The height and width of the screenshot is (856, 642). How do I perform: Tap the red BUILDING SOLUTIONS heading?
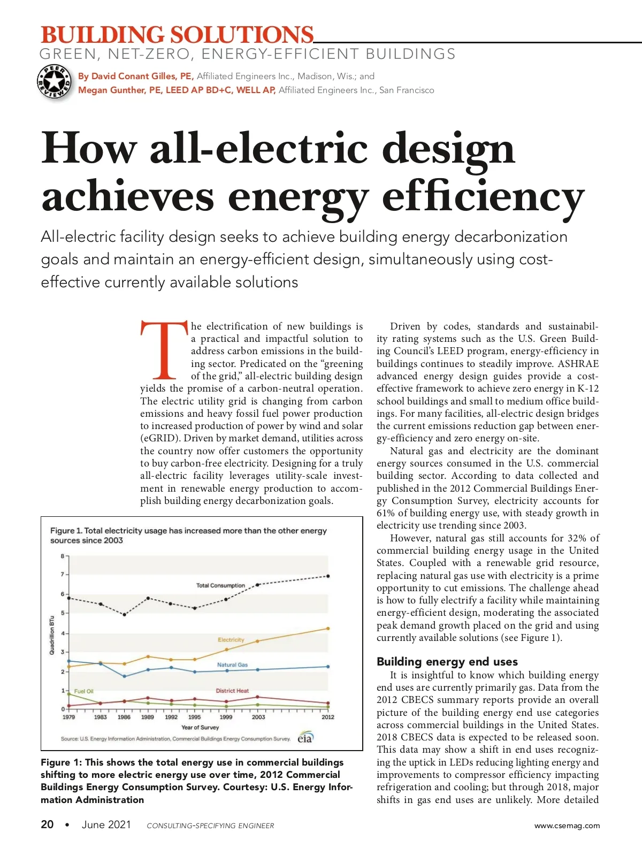pyautogui.click(x=177, y=35)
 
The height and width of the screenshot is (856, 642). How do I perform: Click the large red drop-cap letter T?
pyautogui.click(x=164, y=349)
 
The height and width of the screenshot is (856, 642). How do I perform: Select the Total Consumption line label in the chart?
pyautogui.click(x=220, y=585)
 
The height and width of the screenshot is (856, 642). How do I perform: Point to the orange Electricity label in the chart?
pyautogui.click(x=231, y=640)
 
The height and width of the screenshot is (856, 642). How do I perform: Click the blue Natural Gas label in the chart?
pyautogui.click(x=232, y=664)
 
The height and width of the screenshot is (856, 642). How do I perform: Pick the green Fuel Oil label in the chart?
pyautogui.click(x=83, y=691)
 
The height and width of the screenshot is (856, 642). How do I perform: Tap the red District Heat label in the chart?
pyautogui.click(x=232, y=691)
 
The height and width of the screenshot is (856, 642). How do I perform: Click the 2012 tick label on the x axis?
pyautogui.click(x=328, y=717)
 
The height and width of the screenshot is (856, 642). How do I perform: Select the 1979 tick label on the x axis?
pyautogui.click(x=69, y=717)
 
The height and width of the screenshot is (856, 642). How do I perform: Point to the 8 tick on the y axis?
pyautogui.click(x=63, y=556)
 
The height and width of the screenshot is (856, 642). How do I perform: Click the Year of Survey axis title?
pyautogui.click(x=200, y=728)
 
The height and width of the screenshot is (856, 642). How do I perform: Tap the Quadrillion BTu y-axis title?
pyautogui.click(x=52, y=635)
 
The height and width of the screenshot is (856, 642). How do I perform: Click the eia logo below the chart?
pyautogui.click(x=305, y=737)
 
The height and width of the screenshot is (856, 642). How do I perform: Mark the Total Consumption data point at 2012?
pyautogui.click(x=328, y=576)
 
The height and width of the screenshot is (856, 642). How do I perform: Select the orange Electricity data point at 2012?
pyautogui.click(x=328, y=629)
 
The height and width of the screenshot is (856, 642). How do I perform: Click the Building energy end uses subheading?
pyautogui.click(x=447, y=661)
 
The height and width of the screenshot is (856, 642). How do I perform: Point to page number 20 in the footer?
pyautogui.click(x=47, y=824)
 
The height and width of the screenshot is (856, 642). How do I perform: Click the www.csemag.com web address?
pyautogui.click(x=567, y=826)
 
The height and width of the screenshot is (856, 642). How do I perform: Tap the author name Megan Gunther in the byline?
pyautogui.click(x=111, y=90)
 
